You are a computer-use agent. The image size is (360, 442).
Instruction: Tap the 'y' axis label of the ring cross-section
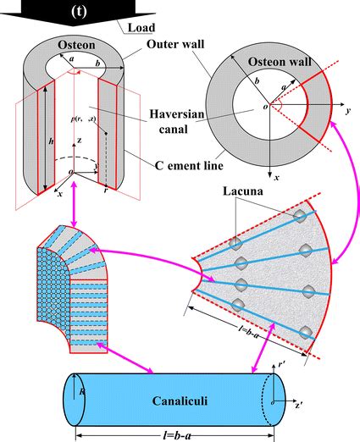click(x=347, y=111)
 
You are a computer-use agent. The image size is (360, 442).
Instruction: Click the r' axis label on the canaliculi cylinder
click(x=278, y=369)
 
